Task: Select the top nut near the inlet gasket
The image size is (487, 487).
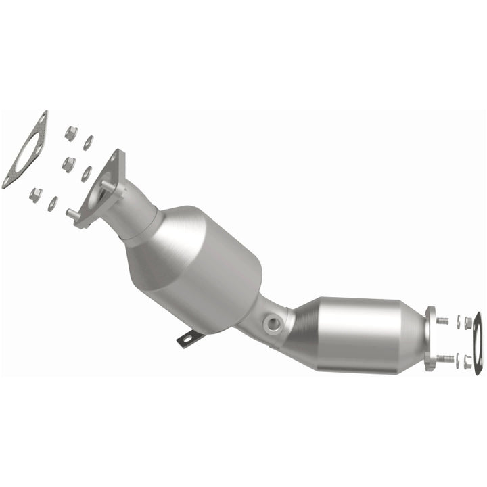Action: [x=70, y=133]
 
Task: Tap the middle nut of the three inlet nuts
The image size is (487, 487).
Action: [x=68, y=164]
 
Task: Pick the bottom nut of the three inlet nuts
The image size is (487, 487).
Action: [x=36, y=195]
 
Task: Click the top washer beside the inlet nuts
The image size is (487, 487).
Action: [x=89, y=142]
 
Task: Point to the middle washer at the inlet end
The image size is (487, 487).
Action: [x=87, y=173]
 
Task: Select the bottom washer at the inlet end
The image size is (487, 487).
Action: [x=53, y=203]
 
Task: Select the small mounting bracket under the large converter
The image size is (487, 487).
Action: [x=189, y=338]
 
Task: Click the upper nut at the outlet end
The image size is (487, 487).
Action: [x=468, y=323]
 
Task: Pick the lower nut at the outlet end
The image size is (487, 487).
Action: [x=467, y=362]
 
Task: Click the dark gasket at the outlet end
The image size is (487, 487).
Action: [x=478, y=342]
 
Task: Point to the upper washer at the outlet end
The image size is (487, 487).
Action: [x=458, y=322]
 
